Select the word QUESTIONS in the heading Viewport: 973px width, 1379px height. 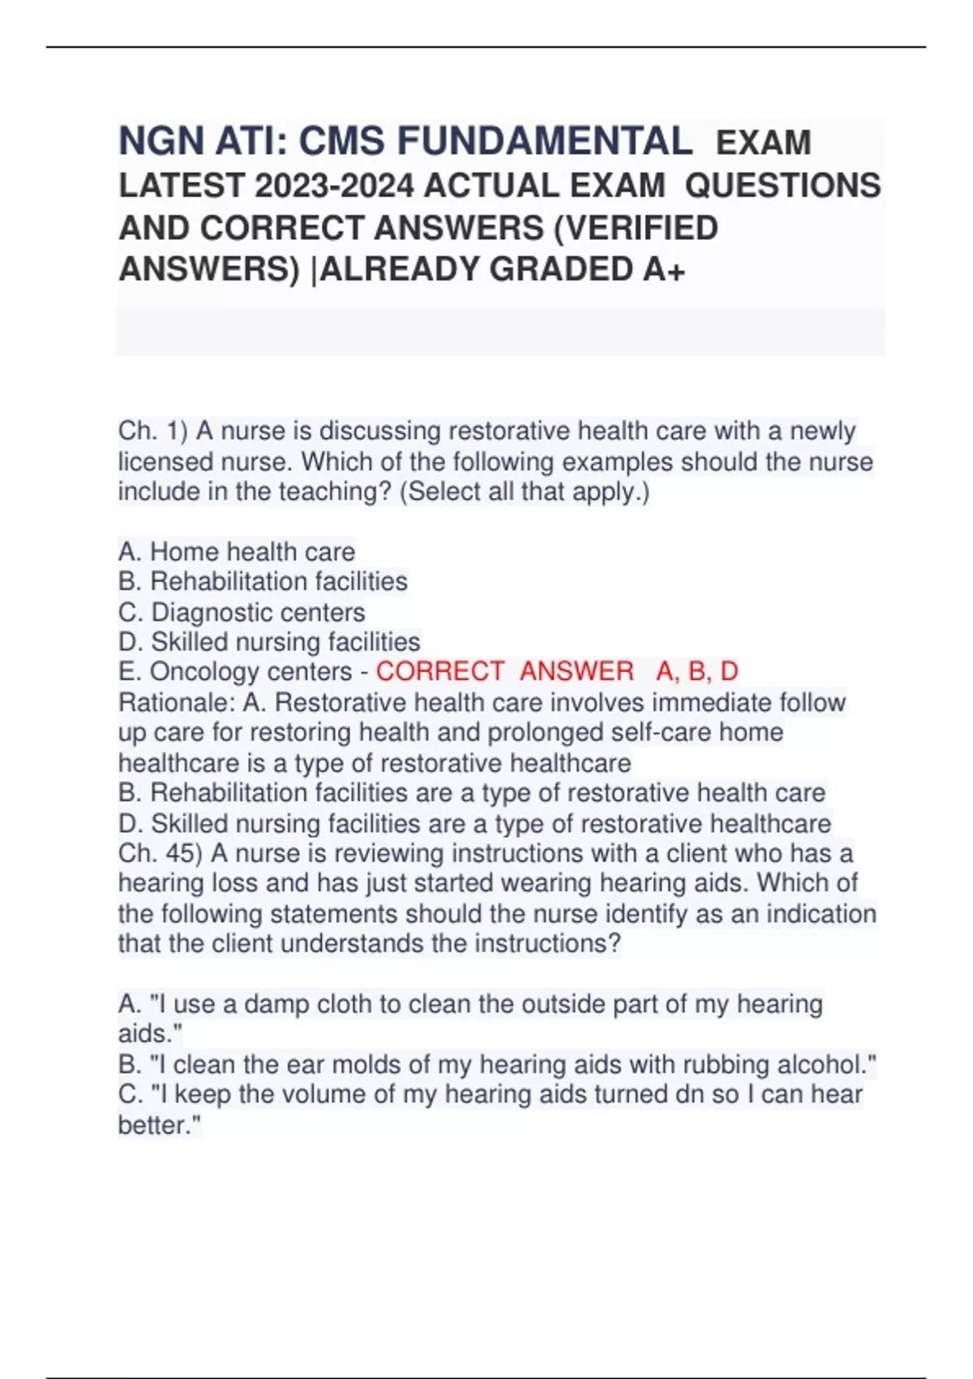pos(782,186)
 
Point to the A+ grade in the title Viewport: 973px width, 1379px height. pos(664,269)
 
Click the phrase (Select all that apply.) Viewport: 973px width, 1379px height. pos(525,492)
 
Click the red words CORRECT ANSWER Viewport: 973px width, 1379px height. pos(504,672)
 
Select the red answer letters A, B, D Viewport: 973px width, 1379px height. pos(697,672)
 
